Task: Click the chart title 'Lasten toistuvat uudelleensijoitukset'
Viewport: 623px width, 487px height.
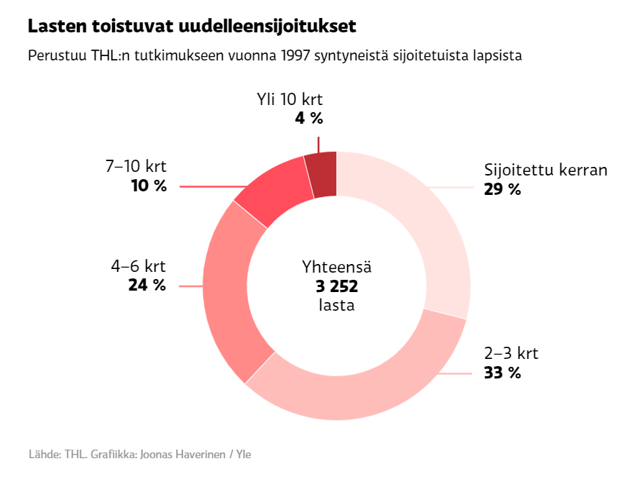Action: [192, 27]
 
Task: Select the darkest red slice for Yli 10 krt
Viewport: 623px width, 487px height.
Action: [322, 175]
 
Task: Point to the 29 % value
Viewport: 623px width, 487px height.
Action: [502, 190]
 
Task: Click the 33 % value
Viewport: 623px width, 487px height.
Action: [502, 373]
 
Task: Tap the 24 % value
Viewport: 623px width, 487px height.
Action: [147, 285]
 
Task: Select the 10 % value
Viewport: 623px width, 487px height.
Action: [149, 186]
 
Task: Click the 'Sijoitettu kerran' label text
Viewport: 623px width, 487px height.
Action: [546, 171]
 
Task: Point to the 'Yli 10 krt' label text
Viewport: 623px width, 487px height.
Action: [290, 100]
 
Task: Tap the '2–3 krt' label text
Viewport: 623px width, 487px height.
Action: [511, 354]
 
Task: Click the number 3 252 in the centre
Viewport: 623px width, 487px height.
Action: [336, 286]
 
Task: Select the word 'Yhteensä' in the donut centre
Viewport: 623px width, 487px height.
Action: [336, 268]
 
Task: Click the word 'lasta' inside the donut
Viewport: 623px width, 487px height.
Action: [336, 305]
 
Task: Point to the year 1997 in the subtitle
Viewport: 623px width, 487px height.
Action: [296, 56]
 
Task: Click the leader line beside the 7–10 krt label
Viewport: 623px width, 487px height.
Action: [208, 186]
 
